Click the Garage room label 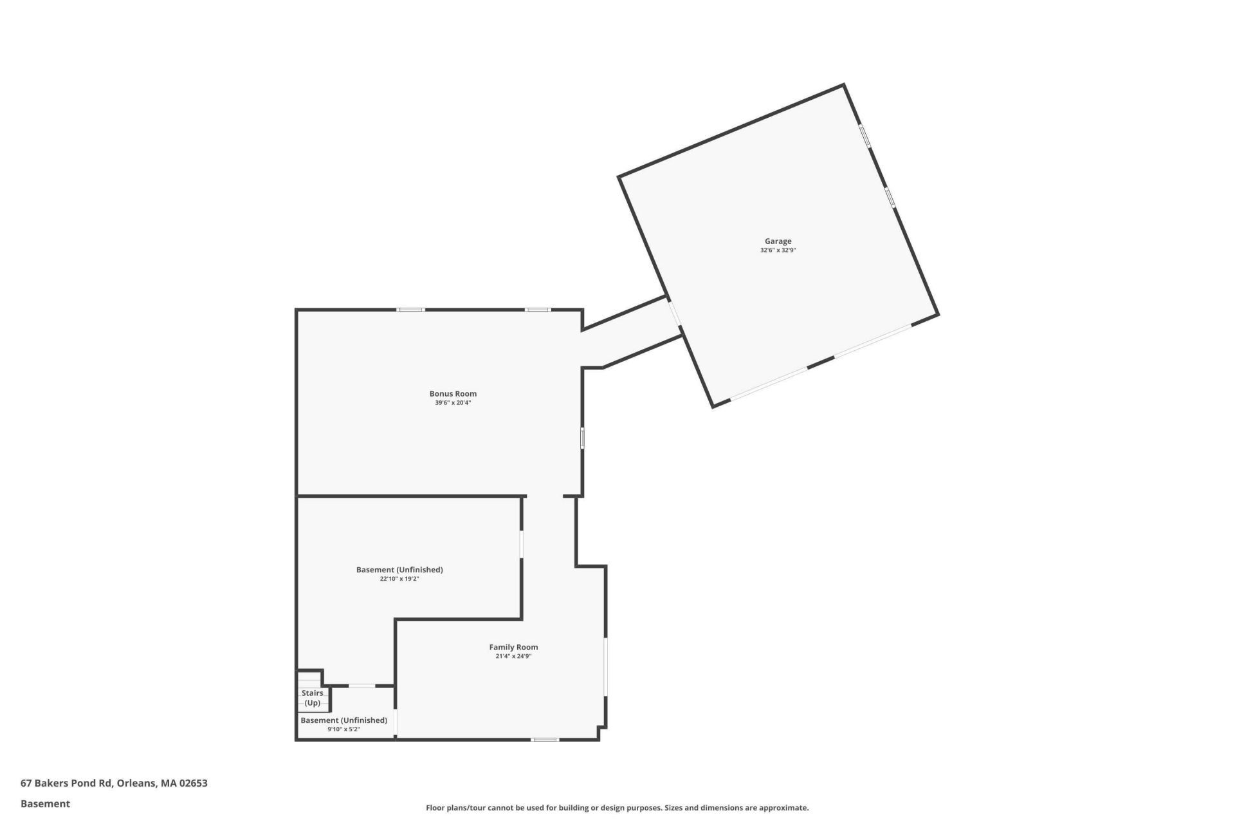click(x=778, y=241)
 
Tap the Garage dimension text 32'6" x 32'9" click(x=778, y=250)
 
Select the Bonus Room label click(x=453, y=394)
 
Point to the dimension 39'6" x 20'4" click(x=453, y=403)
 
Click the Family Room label click(x=513, y=648)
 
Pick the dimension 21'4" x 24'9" click(x=513, y=657)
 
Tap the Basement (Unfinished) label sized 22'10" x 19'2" click(x=399, y=570)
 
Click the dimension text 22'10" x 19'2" click(x=399, y=579)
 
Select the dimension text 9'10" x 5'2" click(x=343, y=729)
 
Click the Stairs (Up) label click(x=313, y=698)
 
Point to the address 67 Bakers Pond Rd click(x=67, y=783)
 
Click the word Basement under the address click(x=45, y=803)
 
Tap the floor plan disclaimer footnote click(x=617, y=808)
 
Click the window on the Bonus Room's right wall click(x=582, y=438)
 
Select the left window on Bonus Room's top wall click(x=410, y=310)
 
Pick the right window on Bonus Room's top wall click(x=538, y=310)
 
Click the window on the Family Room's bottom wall click(x=545, y=740)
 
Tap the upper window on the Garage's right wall click(x=864, y=136)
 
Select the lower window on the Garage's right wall click(x=890, y=198)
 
